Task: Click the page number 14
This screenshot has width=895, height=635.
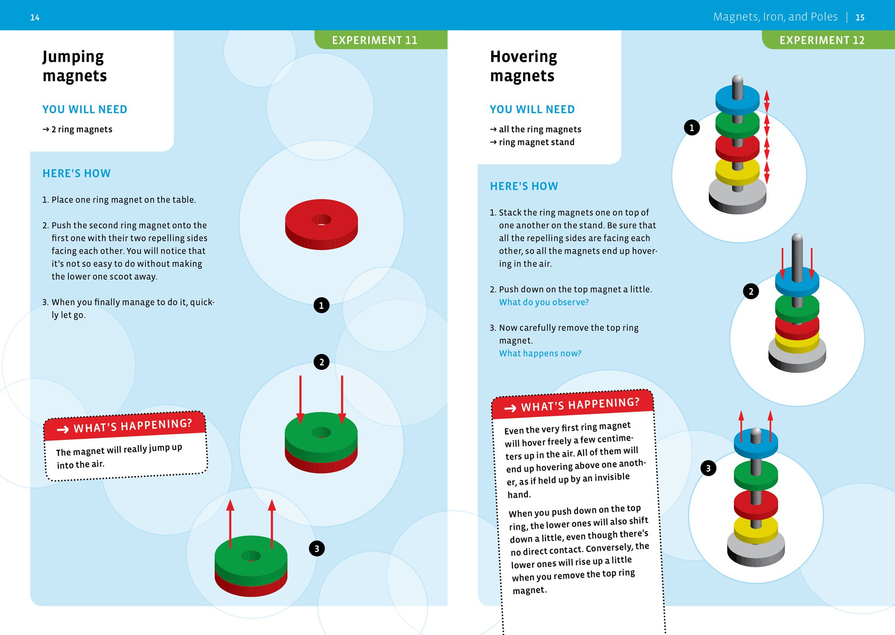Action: tap(34, 17)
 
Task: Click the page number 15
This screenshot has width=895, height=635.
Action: tap(860, 17)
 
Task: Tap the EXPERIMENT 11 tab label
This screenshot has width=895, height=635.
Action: tap(374, 40)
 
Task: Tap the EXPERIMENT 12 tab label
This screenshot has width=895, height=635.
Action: tap(822, 40)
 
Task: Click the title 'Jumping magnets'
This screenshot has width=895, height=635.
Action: tap(74, 66)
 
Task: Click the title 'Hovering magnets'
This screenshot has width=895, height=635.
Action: tap(523, 66)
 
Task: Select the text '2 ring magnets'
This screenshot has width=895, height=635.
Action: tap(81, 129)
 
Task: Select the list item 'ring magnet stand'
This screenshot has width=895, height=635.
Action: tap(536, 142)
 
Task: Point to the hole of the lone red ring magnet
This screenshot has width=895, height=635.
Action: tap(321, 219)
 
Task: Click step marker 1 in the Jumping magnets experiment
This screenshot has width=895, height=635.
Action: tap(321, 305)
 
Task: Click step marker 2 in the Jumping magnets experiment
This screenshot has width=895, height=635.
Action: tap(321, 362)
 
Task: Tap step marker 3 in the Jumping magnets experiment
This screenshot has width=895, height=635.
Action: tap(317, 548)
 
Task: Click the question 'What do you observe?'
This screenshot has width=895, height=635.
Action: tap(544, 302)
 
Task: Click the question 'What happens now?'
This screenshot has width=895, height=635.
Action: tap(540, 354)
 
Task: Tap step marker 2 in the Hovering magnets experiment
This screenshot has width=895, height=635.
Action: tap(751, 291)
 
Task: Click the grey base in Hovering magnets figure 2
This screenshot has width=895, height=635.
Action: tap(797, 361)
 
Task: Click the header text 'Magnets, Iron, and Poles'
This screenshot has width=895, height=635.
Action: tap(775, 17)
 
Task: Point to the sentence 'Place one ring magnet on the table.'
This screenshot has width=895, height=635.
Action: tap(124, 200)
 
